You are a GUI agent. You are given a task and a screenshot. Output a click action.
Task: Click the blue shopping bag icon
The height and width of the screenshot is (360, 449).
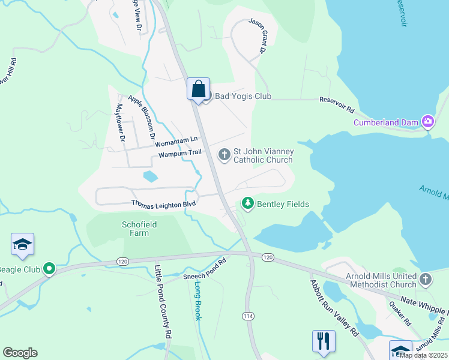point(198,89)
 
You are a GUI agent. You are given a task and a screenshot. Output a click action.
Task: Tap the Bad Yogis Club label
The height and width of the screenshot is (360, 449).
point(243,97)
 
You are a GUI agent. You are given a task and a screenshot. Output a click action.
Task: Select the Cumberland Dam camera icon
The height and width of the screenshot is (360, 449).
point(428,122)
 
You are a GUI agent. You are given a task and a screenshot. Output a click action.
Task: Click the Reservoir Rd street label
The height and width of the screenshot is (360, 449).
point(337,105)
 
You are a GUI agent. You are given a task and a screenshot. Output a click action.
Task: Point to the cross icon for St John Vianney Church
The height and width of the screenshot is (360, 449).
point(224,155)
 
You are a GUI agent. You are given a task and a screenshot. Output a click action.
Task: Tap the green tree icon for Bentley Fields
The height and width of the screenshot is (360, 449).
point(247,204)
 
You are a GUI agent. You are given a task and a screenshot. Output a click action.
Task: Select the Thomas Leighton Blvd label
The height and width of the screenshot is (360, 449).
point(164,204)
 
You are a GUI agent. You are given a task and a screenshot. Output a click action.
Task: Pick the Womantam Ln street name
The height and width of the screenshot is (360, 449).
point(176,142)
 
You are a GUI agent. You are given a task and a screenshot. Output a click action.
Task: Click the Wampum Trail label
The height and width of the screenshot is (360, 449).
point(179,154)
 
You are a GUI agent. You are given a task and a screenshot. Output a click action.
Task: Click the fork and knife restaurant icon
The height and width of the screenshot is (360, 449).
point(324,341)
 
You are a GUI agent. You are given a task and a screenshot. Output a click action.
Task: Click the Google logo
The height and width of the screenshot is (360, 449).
point(20,353)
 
